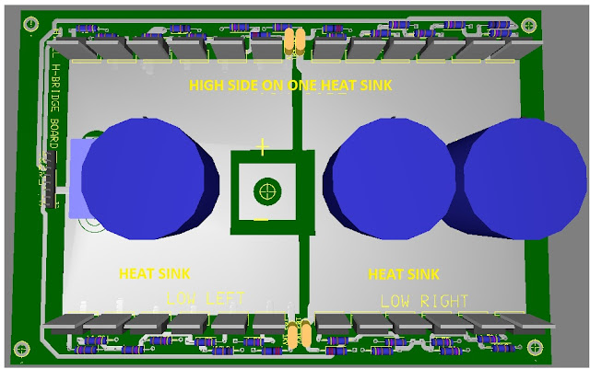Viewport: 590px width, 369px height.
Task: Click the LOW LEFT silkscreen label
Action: [x=206, y=298]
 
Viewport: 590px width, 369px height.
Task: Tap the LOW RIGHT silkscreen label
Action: [x=424, y=301]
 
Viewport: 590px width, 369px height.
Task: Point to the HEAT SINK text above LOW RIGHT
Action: [x=403, y=274]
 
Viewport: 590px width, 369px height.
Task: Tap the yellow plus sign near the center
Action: [x=263, y=146]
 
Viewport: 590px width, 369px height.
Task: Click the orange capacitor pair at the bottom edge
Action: [x=297, y=335]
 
